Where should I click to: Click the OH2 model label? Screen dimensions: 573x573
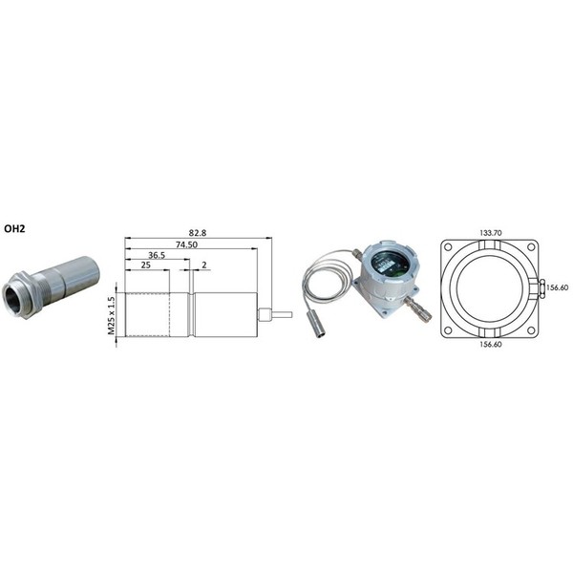14,229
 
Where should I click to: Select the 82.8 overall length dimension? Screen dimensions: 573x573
198,233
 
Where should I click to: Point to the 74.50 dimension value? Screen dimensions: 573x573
186,244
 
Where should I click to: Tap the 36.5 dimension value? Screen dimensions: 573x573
157,255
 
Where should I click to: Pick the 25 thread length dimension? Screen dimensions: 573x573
145,265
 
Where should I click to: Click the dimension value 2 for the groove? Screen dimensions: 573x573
204,265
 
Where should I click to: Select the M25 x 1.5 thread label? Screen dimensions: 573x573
111,316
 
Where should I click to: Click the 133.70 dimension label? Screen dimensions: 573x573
491,233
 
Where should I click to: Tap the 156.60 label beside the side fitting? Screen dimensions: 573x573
558,287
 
